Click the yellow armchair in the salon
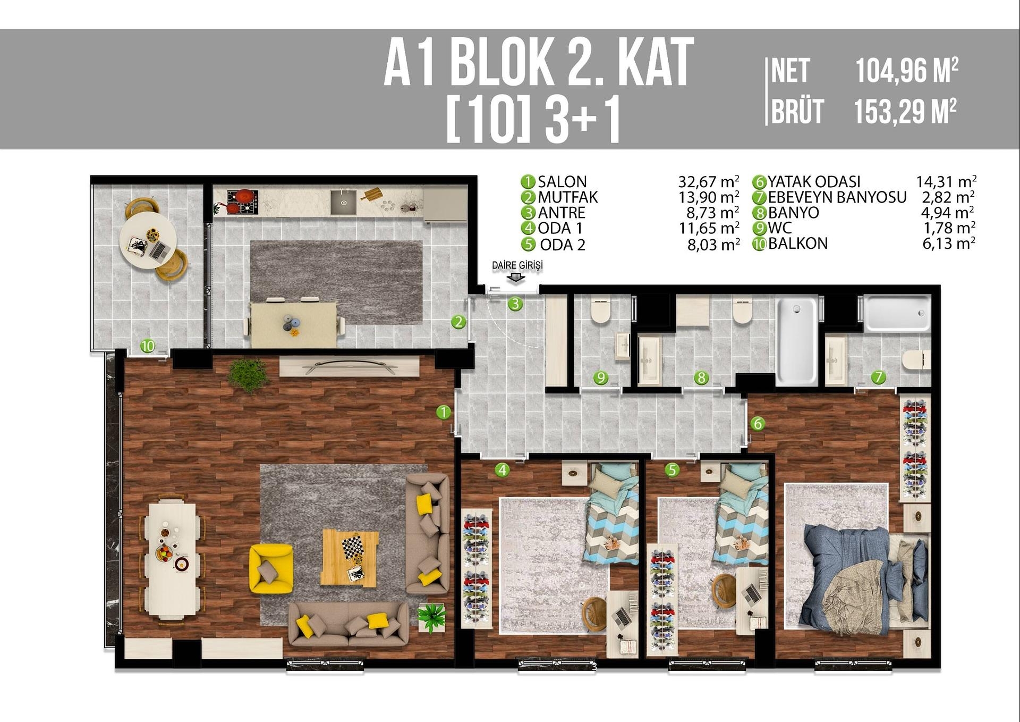point(271,568)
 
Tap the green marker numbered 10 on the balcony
point(148,346)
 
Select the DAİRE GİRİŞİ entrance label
point(517,265)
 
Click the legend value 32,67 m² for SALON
point(709,182)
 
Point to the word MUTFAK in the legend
point(567,197)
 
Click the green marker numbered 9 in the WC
point(601,378)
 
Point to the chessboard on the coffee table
point(352,546)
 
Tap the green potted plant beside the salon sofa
point(431,617)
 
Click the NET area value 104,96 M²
point(906,71)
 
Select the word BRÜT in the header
point(797,112)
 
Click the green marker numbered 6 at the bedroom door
point(758,424)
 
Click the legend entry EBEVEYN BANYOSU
point(837,197)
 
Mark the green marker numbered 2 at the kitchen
point(458,322)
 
